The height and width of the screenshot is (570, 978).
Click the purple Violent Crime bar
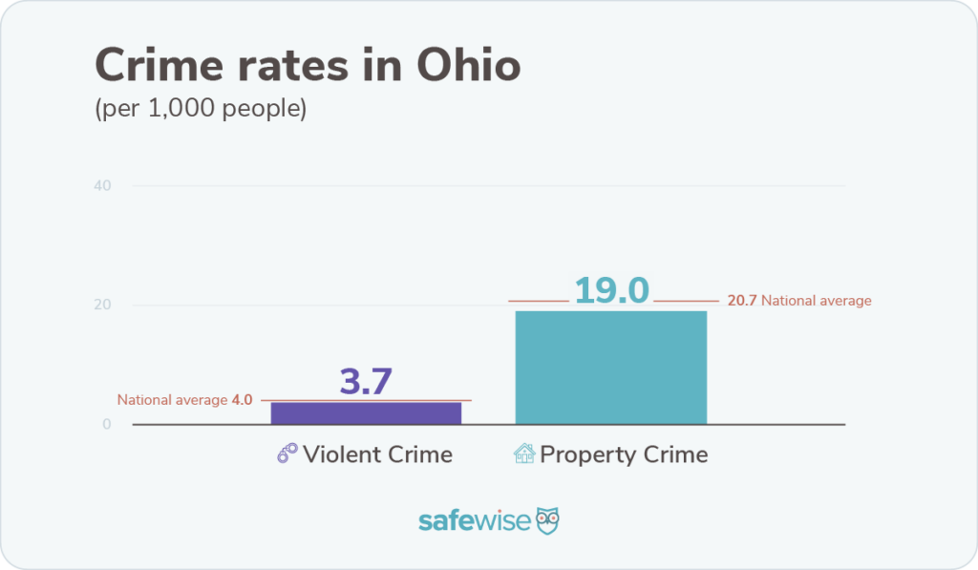pyautogui.click(x=366, y=412)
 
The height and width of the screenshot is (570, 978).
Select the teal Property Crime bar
pyautogui.click(x=610, y=367)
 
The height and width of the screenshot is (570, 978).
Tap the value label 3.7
pyautogui.click(x=366, y=382)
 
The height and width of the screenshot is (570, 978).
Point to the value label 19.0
pyautogui.click(x=611, y=290)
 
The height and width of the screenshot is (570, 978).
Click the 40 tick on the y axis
pyautogui.click(x=103, y=185)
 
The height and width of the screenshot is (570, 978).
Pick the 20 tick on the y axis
pyautogui.click(x=103, y=306)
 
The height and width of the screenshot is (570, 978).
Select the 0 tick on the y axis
pyautogui.click(x=107, y=425)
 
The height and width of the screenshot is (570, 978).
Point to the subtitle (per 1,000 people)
pyautogui.click(x=201, y=109)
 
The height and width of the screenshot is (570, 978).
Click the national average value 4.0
pyautogui.click(x=242, y=400)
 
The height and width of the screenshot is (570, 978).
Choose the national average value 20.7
pyautogui.click(x=741, y=301)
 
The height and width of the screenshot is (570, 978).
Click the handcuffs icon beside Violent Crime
pyautogui.click(x=287, y=454)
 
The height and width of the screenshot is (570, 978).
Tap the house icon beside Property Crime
pyautogui.click(x=524, y=454)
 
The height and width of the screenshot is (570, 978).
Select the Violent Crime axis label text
pyautogui.click(x=377, y=454)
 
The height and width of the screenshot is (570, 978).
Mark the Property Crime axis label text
pyautogui.click(x=624, y=454)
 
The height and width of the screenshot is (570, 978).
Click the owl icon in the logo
pyautogui.click(x=547, y=520)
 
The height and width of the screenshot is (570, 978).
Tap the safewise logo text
pyautogui.click(x=474, y=521)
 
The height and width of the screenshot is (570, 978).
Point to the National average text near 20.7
pyautogui.click(x=816, y=301)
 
